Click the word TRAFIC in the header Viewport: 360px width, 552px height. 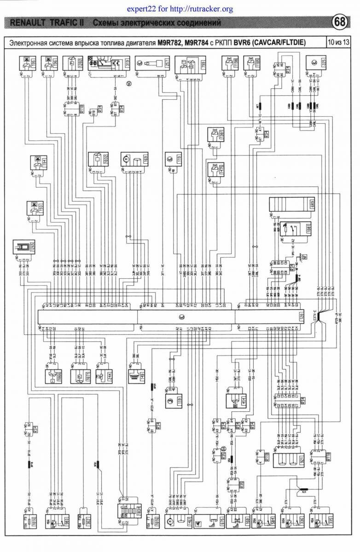click(66, 23)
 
